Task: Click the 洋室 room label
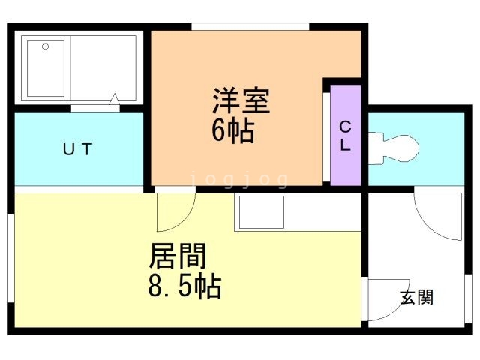pyautogui.click(x=241, y=100)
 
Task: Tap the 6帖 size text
pyautogui.click(x=233, y=130)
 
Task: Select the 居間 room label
pyautogui.click(x=178, y=256)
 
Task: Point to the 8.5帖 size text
pyautogui.click(x=184, y=285)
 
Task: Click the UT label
pyautogui.click(x=77, y=149)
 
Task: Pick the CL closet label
pyautogui.click(x=345, y=136)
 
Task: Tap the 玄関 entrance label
pyautogui.click(x=417, y=297)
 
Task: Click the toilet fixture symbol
pyautogui.click(x=393, y=148)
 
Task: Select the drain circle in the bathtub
pyautogui.click(x=45, y=46)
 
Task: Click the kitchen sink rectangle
pyautogui.click(x=262, y=211)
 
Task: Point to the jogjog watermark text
pyautogui.click(x=239, y=179)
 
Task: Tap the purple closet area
pyautogui.click(x=346, y=135)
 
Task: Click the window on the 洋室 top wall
pyautogui.click(x=250, y=27)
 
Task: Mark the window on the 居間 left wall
pyautogui.click(x=10, y=258)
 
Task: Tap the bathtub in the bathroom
pyautogui.click(x=46, y=68)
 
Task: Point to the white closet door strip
pyautogui.click(x=327, y=136)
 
